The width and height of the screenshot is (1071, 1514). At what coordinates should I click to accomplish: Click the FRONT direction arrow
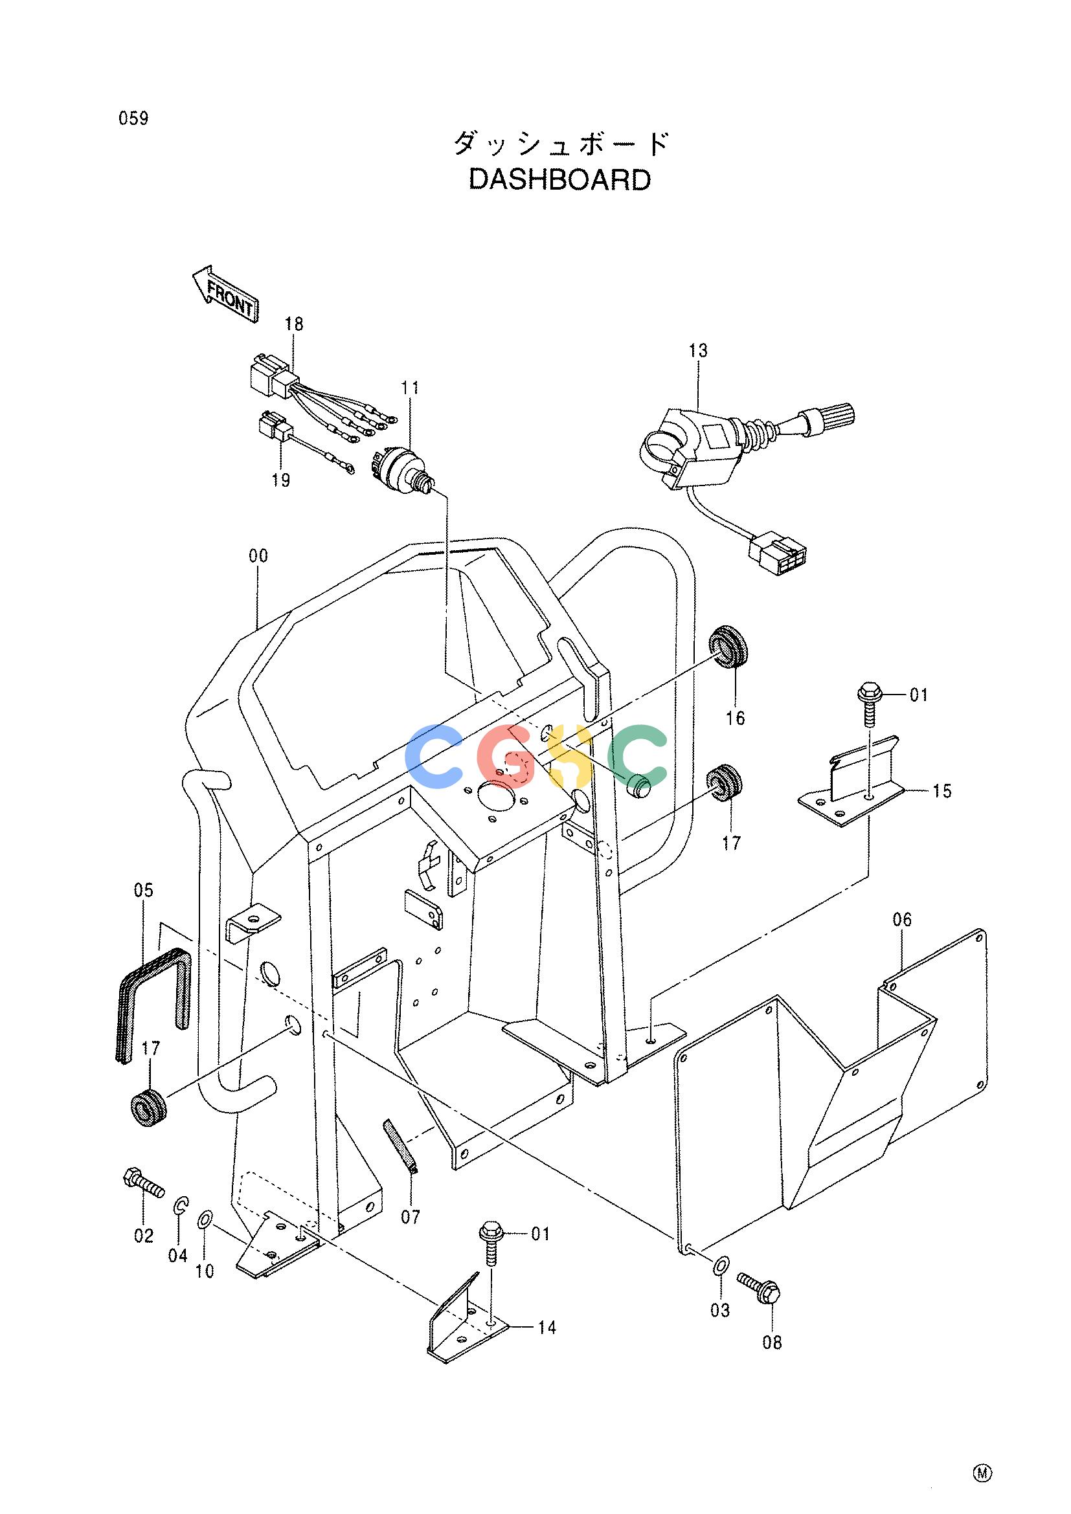225,293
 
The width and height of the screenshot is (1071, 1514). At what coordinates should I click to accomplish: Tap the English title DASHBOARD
560,180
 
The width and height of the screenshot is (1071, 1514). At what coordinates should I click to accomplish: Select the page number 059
134,118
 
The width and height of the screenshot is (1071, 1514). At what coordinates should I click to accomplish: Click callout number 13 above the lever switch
698,351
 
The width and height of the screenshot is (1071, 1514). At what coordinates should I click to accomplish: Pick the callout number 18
294,324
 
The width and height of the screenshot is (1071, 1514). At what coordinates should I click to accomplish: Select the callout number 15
943,790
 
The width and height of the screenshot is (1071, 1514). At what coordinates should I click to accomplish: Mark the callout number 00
258,556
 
